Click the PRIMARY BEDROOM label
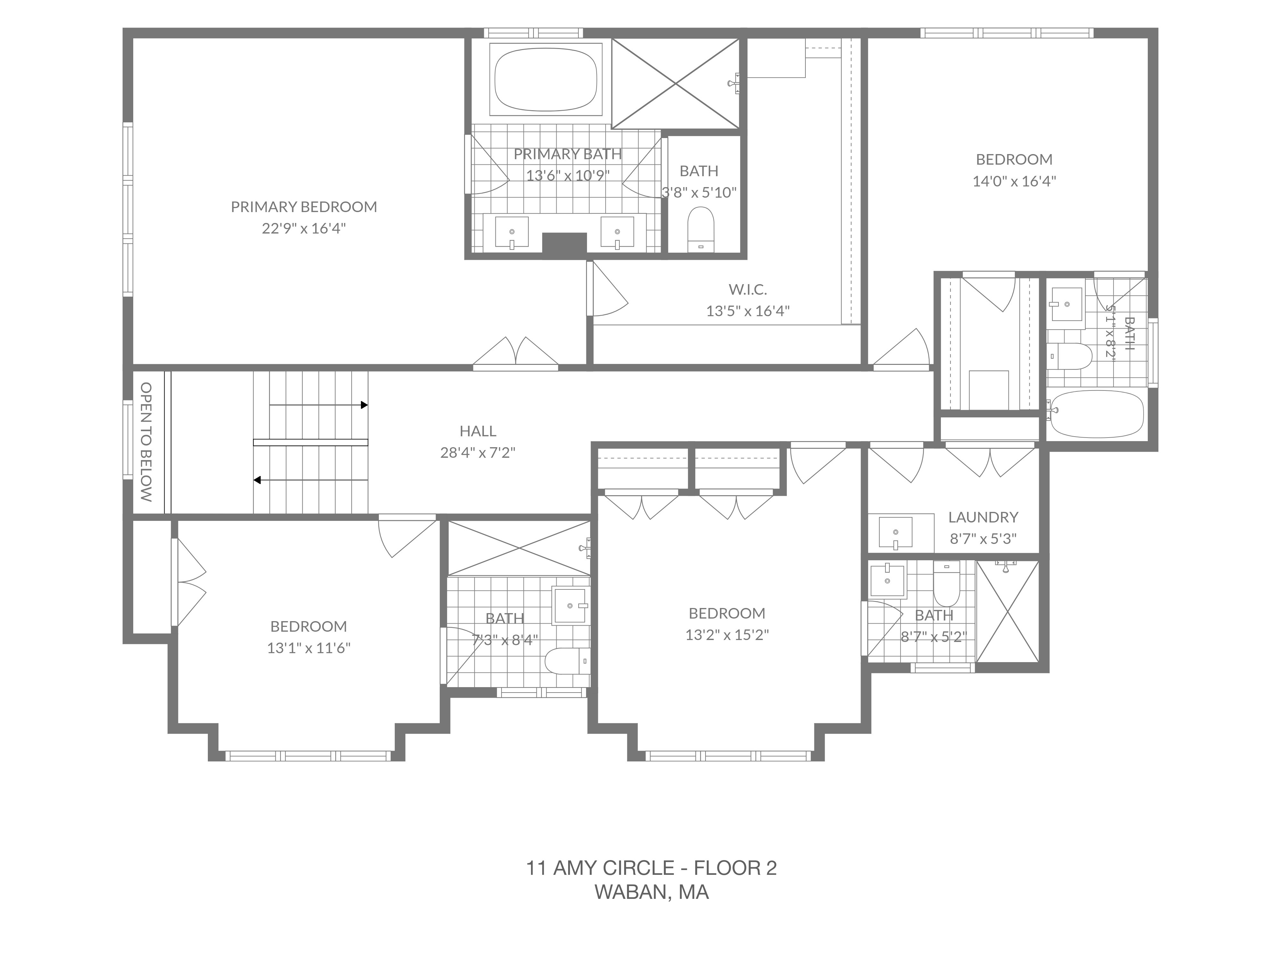[304, 207]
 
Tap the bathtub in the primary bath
[546, 79]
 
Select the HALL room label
[478, 431]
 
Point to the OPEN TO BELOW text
[146, 442]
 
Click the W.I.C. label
[748, 289]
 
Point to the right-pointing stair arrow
[319, 405]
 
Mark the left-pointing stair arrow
[310, 480]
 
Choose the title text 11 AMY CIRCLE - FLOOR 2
[651, 868]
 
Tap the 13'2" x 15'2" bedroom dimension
[727, 635]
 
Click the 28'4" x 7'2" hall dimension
[478, 452]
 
